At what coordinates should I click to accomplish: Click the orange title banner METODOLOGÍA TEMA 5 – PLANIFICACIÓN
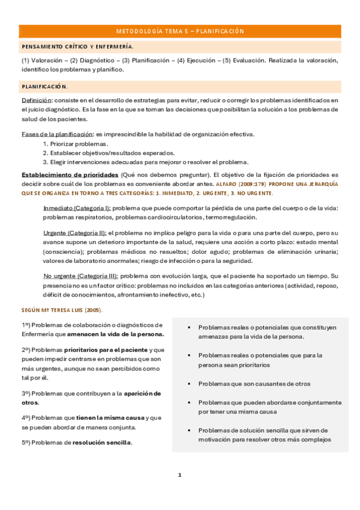[x=180, y=31]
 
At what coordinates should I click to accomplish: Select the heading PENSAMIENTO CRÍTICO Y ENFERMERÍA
[x=78, y=46]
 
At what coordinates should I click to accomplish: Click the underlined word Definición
[x=36, y=100]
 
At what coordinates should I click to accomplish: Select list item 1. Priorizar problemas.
[x=76, y=144]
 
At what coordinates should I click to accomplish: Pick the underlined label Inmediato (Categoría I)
[x=76, y=207]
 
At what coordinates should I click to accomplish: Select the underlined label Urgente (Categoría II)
[x=75, y=232]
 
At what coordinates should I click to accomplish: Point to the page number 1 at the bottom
[x=180, y=475]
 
